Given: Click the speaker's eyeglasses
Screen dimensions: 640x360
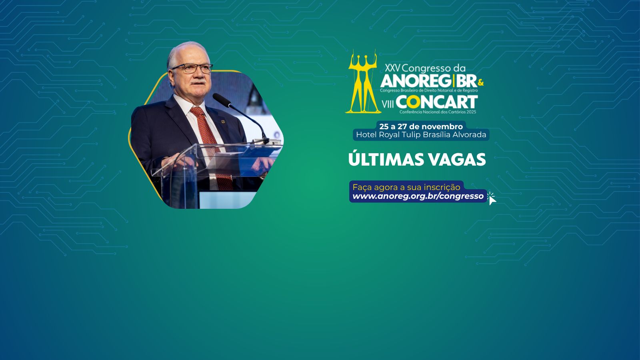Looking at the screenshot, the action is click(192, 68).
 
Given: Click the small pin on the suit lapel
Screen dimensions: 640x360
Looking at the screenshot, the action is click(223, 122).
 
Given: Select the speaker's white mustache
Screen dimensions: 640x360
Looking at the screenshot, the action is click(198, 82).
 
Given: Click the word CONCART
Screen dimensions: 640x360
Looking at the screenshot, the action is click(437, 102).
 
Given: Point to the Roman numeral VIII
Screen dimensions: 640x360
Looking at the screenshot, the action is click(388, 104).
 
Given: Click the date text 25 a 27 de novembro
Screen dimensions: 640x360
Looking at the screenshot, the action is click(421, 126).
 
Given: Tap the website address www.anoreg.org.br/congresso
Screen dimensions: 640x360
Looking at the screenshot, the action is click(418, 196).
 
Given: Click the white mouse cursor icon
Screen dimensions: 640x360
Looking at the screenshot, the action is click(492, 198).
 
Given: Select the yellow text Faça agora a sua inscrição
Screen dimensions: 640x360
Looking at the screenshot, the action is click(406, 188).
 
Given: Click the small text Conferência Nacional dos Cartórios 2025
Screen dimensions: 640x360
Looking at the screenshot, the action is click(438, 112).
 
